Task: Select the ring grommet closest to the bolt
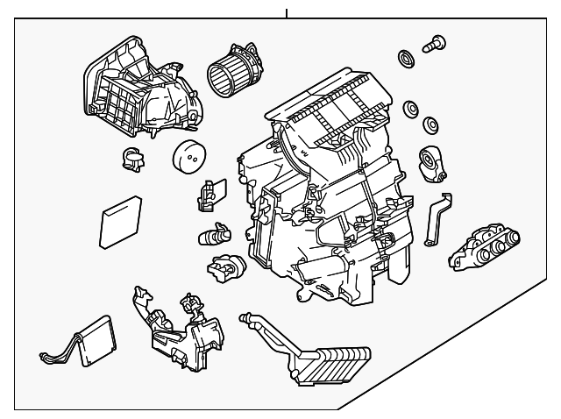pyautogui.click(x=406, y=60)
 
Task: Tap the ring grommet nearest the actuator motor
pyautogui.click(x=430, y=124)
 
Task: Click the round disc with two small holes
pyautogui.click(x=188, y=159)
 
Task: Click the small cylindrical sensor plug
pyautogui.click(x=215, y=235)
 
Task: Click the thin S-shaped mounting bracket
pyautogui.click(x=436, y=218)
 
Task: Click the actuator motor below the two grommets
pyautogui.click(x=432, y=162)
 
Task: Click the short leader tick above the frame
pyautogui.click(x=286, y=12)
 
